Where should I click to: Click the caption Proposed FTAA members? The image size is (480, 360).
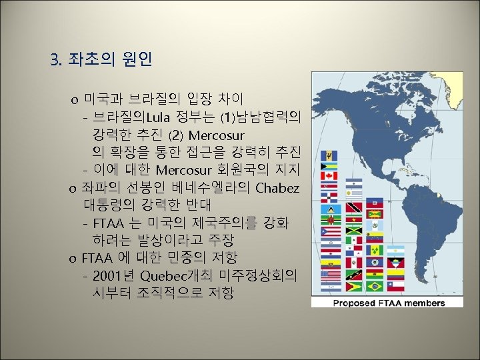point(388,303)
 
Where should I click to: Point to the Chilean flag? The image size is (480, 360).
point(395,285)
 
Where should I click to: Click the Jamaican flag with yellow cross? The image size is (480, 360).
point(353,230)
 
